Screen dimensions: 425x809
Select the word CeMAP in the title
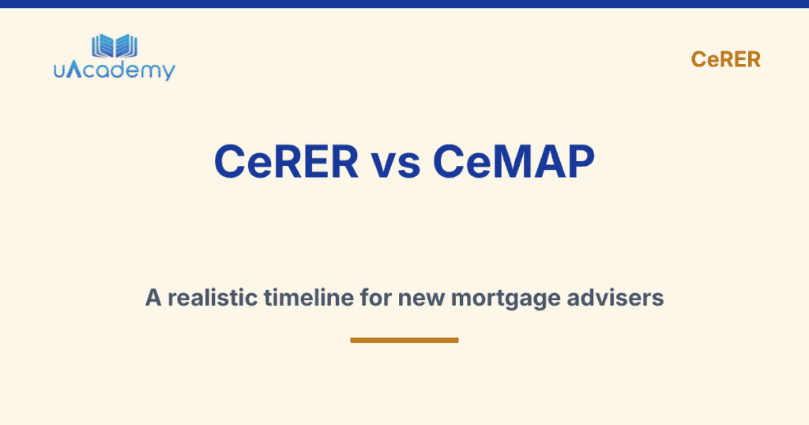pyautogui.click(x=514, y=163)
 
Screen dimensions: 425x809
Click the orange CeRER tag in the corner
pyautogui.click(x=725, y=59)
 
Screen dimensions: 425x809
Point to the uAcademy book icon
pyautogui.click(x=115, y=46)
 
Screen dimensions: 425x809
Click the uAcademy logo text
pyautogui.click(x=115, y=70)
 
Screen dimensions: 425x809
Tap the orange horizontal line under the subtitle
pyautogui.click(x=404, y=340)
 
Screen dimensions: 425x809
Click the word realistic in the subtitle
pyautogui.click(x=208, y=298)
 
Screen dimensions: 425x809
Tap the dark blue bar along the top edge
pyautogui.click(x=404, y=4)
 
